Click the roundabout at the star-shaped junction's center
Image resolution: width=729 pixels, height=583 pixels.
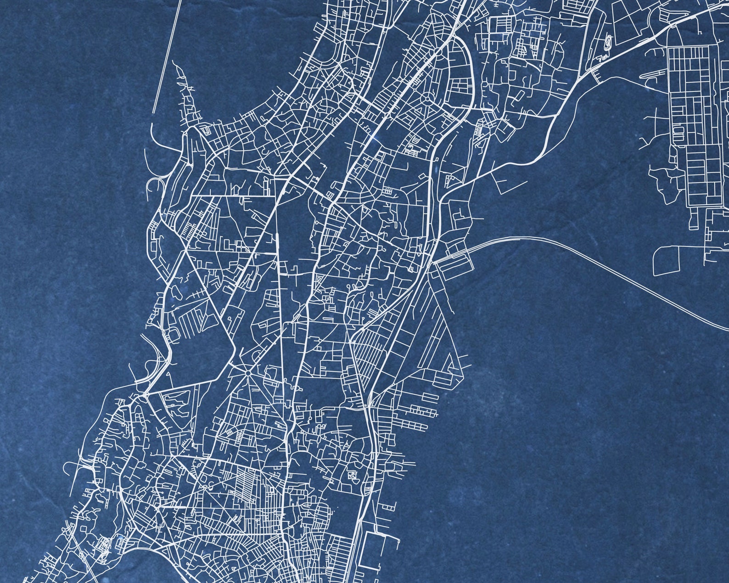click(247, 374)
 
